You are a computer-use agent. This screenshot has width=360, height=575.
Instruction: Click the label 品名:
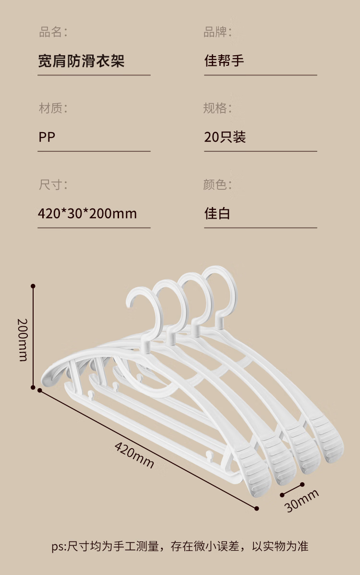(53, 33)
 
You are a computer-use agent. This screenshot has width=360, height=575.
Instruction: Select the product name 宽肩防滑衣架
(81, 61)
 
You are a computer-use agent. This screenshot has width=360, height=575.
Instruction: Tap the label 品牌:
(217, 33)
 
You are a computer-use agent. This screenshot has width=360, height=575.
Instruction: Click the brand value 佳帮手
(224, 61)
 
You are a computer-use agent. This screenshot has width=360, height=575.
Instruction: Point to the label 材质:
(53, 109)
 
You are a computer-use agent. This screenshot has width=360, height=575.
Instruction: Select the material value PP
(47, 137)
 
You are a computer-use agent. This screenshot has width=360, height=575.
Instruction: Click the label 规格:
(217, 109)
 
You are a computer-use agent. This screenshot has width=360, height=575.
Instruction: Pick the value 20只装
(225, 137)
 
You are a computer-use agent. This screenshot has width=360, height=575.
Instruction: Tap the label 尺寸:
(53, 184)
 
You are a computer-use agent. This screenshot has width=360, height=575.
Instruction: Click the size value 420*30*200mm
(87, 213)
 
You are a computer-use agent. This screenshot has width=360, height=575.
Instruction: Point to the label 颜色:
(217, 184)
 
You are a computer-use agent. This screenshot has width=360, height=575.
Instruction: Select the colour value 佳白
(217, 213)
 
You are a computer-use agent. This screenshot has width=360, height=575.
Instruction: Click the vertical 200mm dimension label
(22, 339)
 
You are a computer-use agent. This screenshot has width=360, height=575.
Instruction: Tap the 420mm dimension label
(134, 454)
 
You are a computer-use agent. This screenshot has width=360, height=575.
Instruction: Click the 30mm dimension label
(301, 500)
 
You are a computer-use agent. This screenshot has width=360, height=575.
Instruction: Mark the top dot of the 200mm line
(33, 286)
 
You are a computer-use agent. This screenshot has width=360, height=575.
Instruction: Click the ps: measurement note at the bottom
(180, 546)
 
